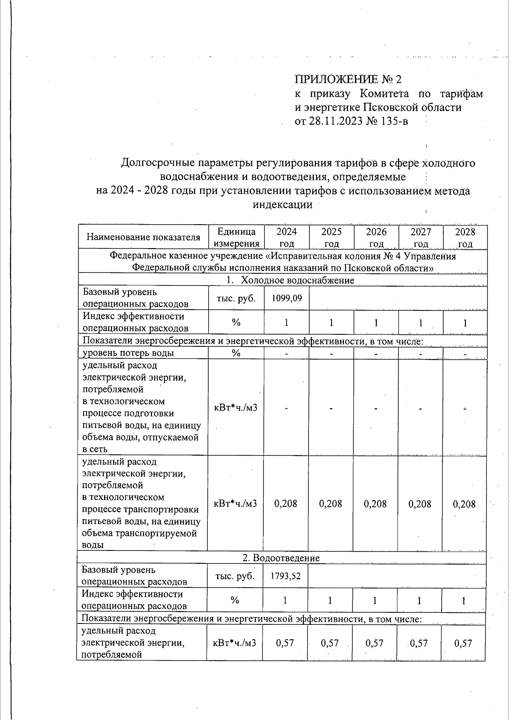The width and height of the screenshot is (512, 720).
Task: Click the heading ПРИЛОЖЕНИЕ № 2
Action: point(349,79)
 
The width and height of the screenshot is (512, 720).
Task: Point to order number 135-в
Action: point(393,121)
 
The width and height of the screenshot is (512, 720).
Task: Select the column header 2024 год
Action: point(286,237)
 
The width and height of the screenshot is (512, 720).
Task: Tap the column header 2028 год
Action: point(465,237)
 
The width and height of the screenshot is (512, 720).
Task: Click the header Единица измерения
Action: point(236,237)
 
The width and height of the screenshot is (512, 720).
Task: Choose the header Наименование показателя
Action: point(143,237)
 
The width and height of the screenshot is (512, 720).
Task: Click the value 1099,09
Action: point(286,298)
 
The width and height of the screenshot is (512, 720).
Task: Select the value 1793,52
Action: point(285,576)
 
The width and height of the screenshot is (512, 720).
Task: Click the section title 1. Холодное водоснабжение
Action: point(290,280)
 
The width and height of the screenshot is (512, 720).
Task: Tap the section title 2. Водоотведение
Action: point(281,558)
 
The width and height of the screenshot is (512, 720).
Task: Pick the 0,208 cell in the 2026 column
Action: point(375,504)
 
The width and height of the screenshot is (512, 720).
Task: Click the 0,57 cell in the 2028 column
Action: point(463,643)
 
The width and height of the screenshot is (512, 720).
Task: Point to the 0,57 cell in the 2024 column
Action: point(285,643)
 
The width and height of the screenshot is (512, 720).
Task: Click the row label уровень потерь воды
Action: point(128,353)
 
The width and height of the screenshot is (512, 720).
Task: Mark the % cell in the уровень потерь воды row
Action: point(236,353)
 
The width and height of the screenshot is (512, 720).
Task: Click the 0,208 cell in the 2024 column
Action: point(285,504)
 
